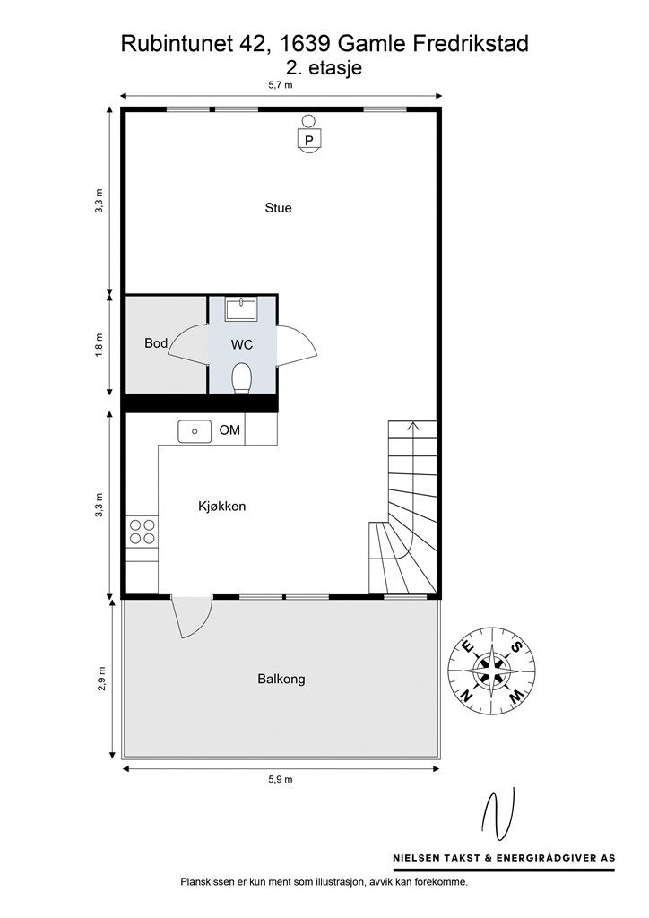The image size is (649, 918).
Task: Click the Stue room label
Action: point(278,208)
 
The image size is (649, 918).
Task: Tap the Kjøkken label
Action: point(221,507)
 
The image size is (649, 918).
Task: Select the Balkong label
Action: point(281,680)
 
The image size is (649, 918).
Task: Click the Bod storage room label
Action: point(156,343)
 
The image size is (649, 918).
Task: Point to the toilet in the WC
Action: point(242,377)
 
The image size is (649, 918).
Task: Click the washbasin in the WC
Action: point(242,308)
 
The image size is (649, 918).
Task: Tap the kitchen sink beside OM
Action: point(195,431)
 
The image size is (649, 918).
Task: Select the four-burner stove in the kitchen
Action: point(143,531)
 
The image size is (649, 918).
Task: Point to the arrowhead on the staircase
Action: point(413,425)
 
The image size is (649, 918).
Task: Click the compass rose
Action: point(491,670)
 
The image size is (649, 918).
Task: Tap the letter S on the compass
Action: point(515,646)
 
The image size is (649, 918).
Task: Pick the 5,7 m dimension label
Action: point(281,85)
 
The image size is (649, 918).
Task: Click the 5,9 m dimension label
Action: point(281,779)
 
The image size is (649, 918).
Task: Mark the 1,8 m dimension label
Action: point(100,345)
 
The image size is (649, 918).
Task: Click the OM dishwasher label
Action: point(229,430)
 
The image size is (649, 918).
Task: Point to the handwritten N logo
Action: point(498,814)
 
